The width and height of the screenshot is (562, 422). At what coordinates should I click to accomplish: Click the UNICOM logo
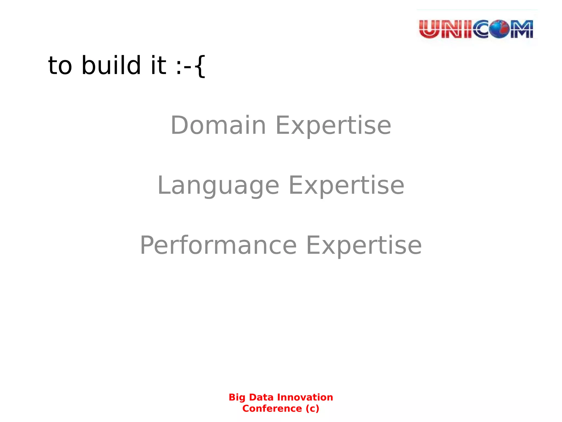(x=476, y=29)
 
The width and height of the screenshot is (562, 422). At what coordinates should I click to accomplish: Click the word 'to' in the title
(x=60, y=66)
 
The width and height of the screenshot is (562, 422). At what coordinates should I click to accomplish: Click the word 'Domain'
(x=218, y=125)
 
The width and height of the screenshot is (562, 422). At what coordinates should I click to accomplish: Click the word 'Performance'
(x=218, y=245)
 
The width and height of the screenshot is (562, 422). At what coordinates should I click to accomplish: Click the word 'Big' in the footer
(x=237, y=398)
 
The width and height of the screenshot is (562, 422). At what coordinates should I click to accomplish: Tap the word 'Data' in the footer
(x=261, y=397)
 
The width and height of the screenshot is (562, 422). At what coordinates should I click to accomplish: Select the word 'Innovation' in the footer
(x=305, y=397)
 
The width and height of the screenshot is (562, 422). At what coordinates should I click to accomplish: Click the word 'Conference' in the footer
(x=272, y=409)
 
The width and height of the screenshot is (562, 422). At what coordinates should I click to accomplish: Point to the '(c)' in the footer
(x=312, y=409)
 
